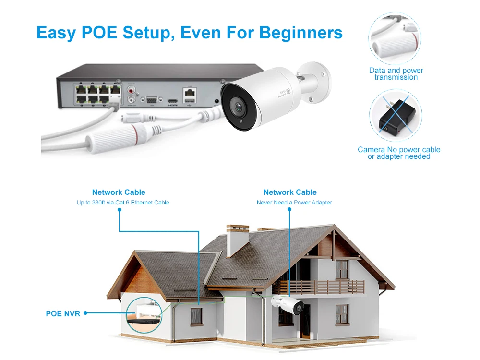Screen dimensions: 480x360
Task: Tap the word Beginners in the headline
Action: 301,32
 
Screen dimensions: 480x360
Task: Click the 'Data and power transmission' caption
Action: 396,74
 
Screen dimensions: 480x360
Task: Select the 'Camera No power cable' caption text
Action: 398,149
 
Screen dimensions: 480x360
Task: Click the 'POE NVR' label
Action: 63,313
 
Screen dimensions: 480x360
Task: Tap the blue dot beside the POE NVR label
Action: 85,313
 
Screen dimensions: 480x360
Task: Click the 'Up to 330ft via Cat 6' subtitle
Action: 123,203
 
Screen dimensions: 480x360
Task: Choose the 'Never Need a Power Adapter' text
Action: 294,203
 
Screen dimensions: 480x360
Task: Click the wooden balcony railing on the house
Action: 319,287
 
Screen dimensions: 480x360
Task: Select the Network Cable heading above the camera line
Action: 290,192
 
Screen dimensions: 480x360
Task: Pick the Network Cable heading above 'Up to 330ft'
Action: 119,192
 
